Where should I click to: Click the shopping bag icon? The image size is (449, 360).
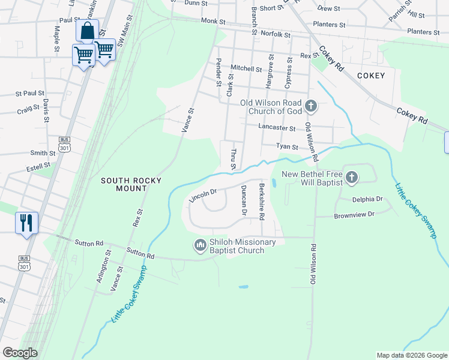88,31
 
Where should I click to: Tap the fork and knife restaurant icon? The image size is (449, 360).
26,223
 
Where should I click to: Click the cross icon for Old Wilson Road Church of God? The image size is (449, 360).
310,107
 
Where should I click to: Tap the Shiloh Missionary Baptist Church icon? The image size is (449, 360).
200,245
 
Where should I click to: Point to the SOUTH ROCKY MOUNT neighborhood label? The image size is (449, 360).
124,184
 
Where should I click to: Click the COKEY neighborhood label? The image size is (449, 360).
370,76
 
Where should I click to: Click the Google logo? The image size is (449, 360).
20,353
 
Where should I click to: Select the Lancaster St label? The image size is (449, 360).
277,128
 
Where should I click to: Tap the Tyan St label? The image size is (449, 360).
287,146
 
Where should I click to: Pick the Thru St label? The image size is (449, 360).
234,158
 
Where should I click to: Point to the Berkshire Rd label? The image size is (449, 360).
262,202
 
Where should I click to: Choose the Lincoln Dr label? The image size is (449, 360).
202,194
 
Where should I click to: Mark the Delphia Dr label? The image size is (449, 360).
367,199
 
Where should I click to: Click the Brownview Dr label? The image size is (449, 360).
354,214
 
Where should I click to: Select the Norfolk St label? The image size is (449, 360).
276,35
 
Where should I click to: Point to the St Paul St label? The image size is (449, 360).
30,94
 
